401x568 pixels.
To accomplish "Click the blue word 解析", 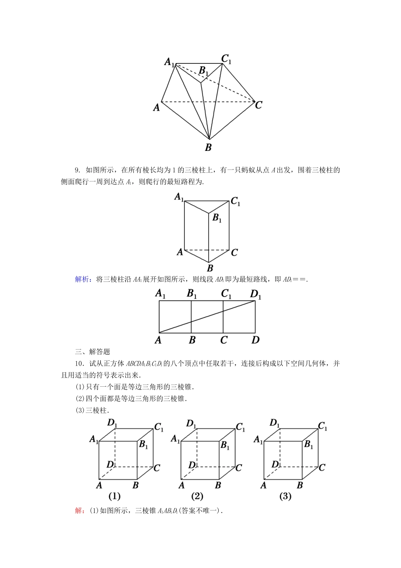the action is (x=81, y=279).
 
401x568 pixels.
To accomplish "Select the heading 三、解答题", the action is (x=92, y=352).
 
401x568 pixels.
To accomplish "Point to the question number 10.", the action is (x=79, y=363).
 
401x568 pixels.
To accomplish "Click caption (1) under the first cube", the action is (x=114, y=496).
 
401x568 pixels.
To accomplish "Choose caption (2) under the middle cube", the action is (x=197, y=496).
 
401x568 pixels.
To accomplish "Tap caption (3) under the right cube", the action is (x=285, y=496).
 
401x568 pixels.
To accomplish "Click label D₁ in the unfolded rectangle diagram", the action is (x=256, y=294).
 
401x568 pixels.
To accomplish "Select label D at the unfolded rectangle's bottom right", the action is (x=255, y=340).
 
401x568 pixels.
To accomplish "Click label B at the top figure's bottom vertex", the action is (x=208, y=147).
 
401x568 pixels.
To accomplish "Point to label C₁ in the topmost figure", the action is (x=227, y=59).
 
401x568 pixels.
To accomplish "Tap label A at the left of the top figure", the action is (x=157, y=108).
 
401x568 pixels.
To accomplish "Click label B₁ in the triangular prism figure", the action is (x=217, y=218).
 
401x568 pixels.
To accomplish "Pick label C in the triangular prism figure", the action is (x=234, y=253).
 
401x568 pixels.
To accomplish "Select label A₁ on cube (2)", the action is (x=176, y=440).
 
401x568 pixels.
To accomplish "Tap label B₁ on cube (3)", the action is (x=309, y=445).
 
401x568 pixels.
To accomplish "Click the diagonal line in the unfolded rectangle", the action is (x=207, y=317).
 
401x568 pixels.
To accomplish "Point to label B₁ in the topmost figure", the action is (x=204, y=71).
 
